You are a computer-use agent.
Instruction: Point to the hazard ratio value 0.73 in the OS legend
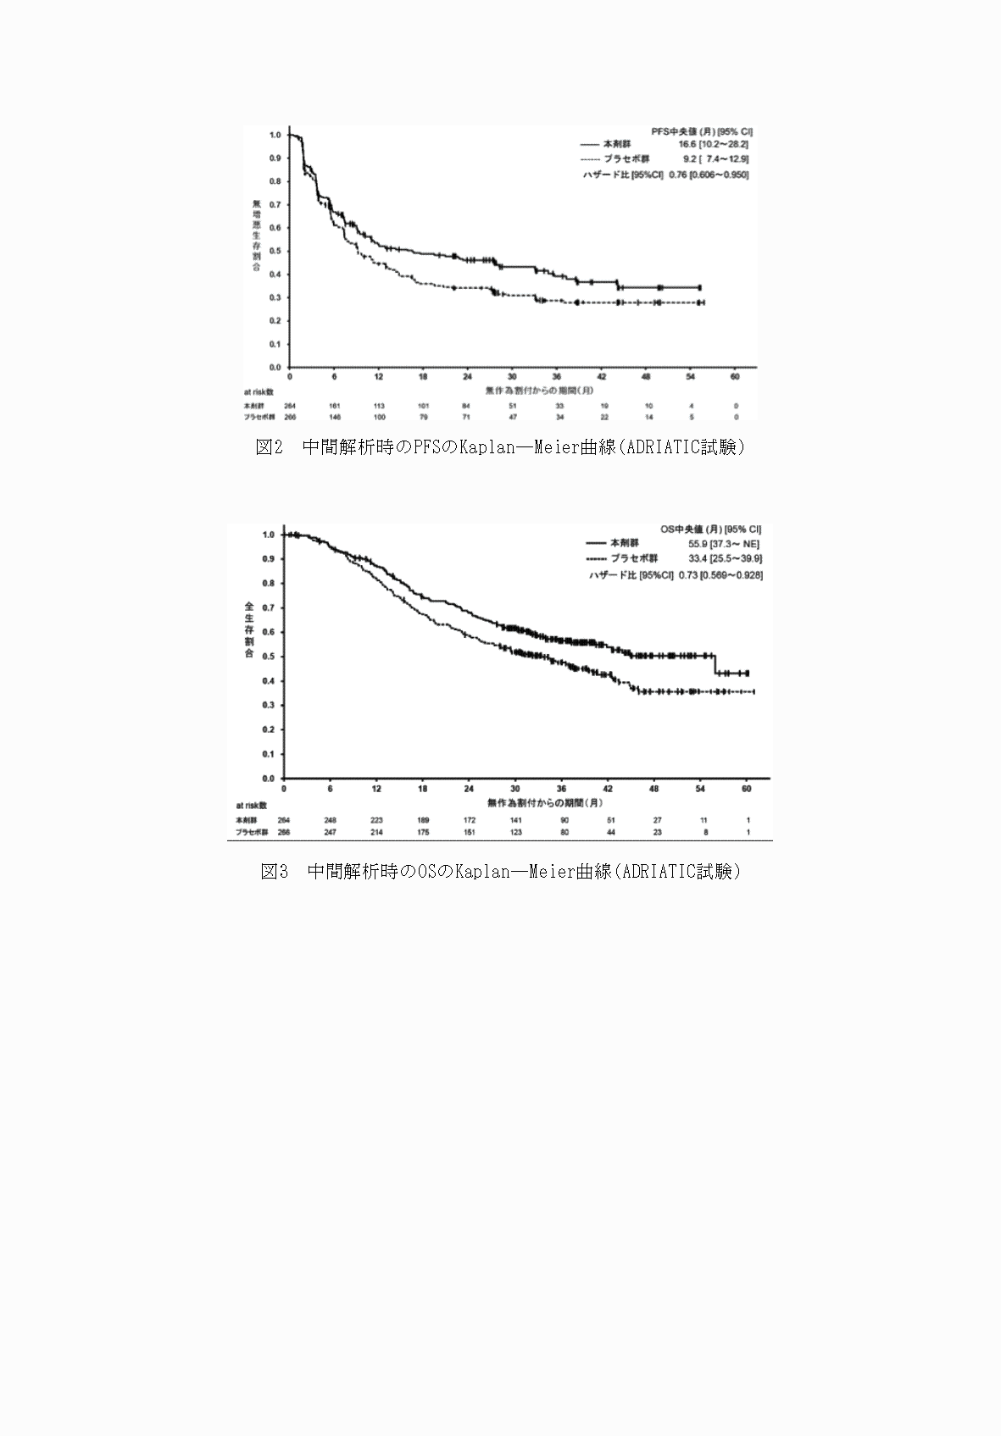[x=687, y=575]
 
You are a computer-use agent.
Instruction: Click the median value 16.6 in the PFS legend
[x=687, y=145]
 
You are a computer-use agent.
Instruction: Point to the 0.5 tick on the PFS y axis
[x=275, y=251]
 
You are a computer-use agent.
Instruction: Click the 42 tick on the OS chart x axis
[x=608, y=788]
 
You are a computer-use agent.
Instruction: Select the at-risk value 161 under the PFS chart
[x=335, y=406]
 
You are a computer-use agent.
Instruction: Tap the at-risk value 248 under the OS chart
[x=330, y=820]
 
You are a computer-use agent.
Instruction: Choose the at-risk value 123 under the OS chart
[x=516, y=832]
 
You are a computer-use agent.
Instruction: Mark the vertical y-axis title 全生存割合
[x=249, y=630]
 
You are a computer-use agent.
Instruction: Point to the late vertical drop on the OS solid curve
[x=715, y=664]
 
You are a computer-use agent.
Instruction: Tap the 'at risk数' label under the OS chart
[x=251, y=806]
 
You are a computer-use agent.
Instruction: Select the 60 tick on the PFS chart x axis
[x=735, y=376]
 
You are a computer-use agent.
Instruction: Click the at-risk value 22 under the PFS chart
[x=604, y=417]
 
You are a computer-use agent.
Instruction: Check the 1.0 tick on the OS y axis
[x=269, y=535]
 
